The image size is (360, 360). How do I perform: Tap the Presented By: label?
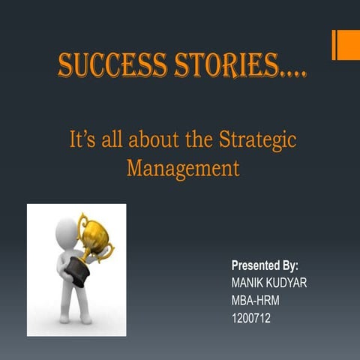click(x=265, y=265)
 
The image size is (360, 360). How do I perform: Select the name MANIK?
click(x=251, y=283)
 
